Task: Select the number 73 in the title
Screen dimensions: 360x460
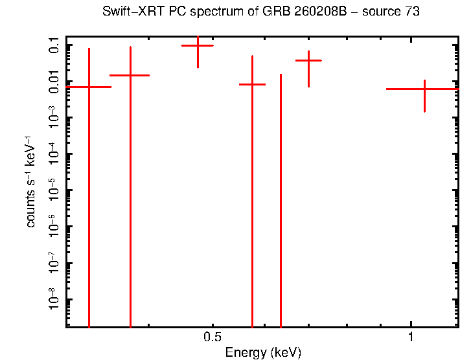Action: pyautogui.click(x=413, y=12)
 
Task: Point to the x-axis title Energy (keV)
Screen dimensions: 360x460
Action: pyautogui.click(x=263, y=352)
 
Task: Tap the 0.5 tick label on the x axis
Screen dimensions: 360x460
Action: pyautogui.click(x=213, y=337)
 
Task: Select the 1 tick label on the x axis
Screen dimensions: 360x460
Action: pyautogui.click(x=411, y=337)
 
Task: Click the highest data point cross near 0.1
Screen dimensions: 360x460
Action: pyautogui.click(x=198, y=45)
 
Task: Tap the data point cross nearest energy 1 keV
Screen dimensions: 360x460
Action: pyautogui.click(x=424, y=89)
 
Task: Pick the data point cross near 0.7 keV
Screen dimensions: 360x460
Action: pyautogui.click(x=308, y=60)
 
